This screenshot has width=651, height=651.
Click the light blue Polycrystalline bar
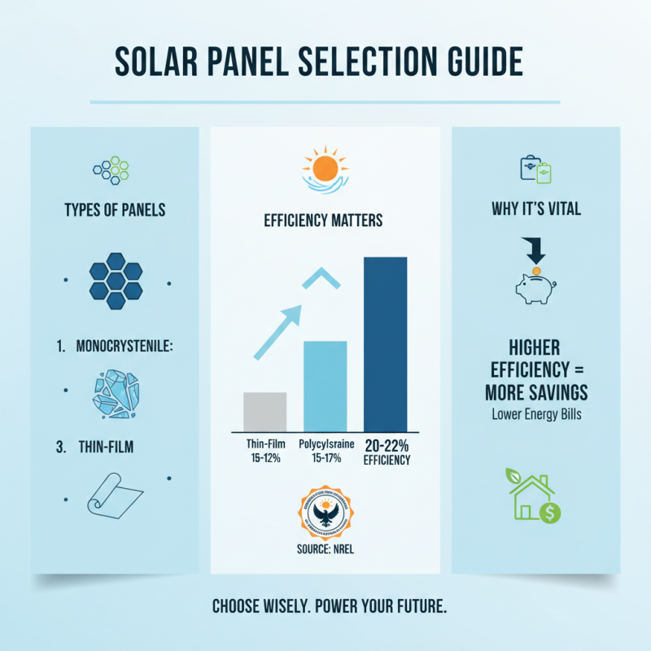pos(325,385)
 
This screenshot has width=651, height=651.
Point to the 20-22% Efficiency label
pos(387,452)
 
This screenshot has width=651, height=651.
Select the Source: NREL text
pos(325,549)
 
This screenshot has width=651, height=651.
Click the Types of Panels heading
pos(115,210)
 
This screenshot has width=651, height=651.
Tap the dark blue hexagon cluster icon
pos(115,281)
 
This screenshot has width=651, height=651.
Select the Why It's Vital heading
pos(536,210)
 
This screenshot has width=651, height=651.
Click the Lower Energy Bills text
pos(536,413)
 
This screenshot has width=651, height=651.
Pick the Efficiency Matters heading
pos(325,220)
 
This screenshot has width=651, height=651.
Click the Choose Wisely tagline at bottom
pos(325,606)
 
